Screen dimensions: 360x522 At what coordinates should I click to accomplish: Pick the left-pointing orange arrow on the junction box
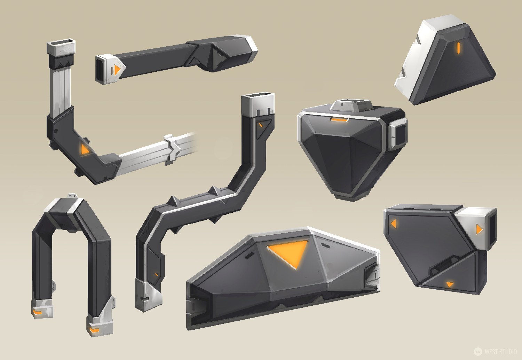[x=394, y=224]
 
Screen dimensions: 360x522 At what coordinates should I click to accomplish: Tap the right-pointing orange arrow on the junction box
[x=479, y=229]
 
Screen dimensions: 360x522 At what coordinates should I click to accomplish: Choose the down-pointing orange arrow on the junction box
[x=450, y=284]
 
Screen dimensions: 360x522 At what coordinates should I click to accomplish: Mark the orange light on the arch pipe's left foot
[x=37, y=312]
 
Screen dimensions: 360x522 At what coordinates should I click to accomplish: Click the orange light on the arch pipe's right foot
[x=94, y=329]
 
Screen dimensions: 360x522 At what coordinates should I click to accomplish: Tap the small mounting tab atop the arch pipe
[x=72, y=196]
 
